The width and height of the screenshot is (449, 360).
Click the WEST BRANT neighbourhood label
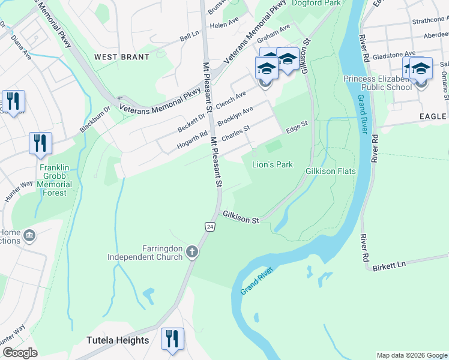coord(121,57)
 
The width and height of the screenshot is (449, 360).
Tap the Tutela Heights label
coord(118,340)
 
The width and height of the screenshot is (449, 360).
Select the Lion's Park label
coord(272,164)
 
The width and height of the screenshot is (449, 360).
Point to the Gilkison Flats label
coord(331,171)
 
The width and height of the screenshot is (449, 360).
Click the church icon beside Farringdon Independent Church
coord(191,251)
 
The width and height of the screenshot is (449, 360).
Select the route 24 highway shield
coord(209,226)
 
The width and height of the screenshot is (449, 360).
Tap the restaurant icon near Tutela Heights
coord(172,338)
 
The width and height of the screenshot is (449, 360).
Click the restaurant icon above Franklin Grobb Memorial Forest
coord(40,143)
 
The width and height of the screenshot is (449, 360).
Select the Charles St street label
coord(235,133)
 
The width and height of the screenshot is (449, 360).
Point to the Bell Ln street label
coord(189,37)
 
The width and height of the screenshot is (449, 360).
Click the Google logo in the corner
coord(20,352)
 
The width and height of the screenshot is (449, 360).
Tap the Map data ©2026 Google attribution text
coord(411,355)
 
